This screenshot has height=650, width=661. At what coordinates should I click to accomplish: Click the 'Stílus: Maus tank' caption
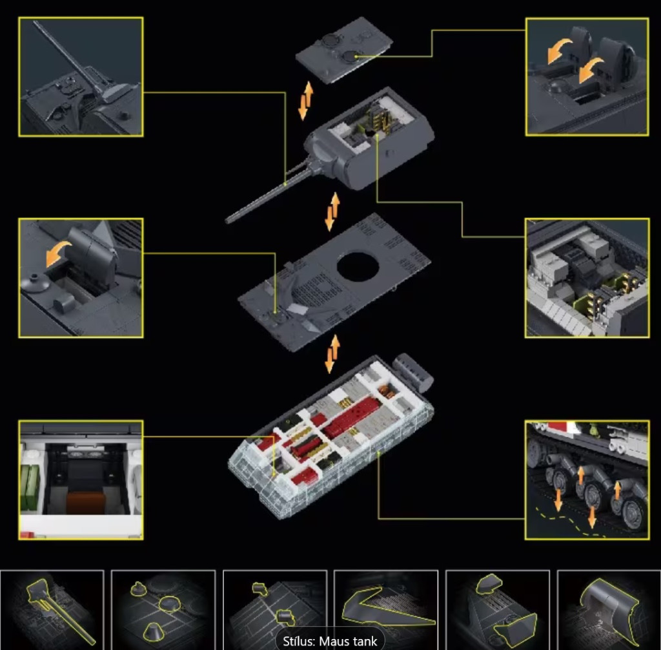330,641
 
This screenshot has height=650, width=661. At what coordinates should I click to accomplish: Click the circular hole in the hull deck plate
358,267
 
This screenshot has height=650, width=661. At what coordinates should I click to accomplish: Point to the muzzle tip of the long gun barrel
228,220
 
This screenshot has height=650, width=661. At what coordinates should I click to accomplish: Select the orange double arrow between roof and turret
305,100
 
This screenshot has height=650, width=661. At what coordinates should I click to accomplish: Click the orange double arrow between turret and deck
332,212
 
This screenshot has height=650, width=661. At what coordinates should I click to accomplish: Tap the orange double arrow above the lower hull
332,353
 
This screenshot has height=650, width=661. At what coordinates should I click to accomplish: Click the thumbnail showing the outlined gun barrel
52,609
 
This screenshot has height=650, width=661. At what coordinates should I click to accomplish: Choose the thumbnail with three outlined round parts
163,609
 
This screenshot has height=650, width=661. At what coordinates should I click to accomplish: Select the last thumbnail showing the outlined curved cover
609,609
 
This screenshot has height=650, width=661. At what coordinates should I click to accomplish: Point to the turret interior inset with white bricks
587,278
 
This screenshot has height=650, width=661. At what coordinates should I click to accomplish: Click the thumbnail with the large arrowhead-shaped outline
386,609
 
